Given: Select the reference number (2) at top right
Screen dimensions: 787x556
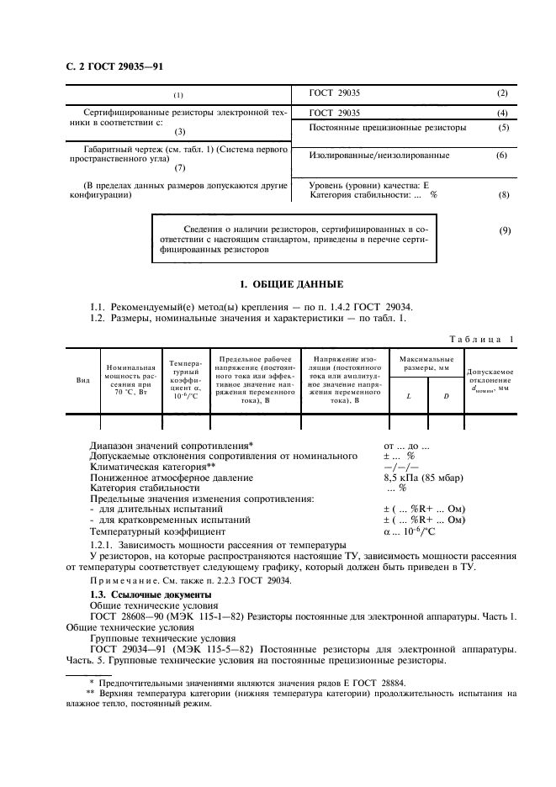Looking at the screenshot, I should [x=502, y=92].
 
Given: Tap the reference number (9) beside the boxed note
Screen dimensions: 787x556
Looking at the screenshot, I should [x=504, y=230].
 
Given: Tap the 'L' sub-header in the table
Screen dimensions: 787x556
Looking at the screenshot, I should [x=408, y=394].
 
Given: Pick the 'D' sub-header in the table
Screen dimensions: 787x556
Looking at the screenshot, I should [x=446, y=394].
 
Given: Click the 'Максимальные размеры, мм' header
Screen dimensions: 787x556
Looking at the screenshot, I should [x=426, y=364].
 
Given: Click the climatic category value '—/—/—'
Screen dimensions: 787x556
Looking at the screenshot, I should [x=395, y=467].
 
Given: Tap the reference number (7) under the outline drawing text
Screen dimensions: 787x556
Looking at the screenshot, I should [x=179, y=167].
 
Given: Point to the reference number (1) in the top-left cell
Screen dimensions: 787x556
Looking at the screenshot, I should [x=178, y=94].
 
